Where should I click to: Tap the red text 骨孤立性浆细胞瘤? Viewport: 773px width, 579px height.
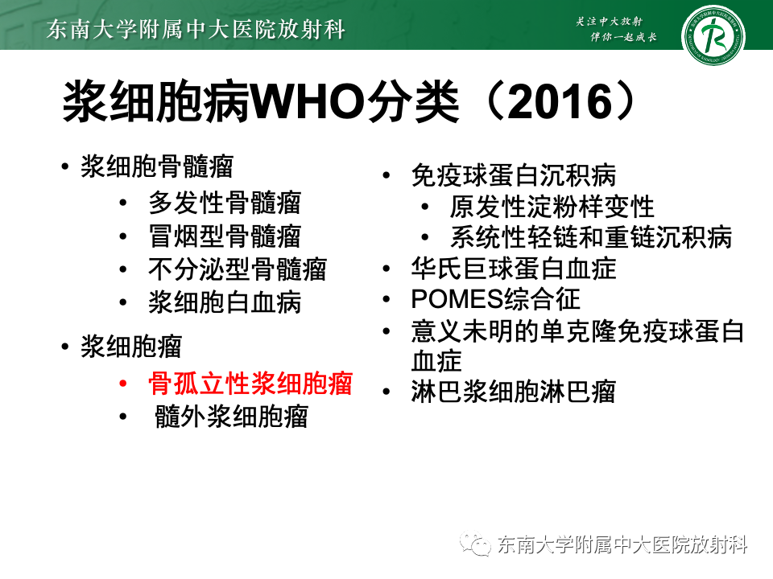pos(250,384)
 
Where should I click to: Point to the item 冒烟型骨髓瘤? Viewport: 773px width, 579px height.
pos(225,236)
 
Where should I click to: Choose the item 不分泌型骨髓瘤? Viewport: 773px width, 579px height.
pos(238,269)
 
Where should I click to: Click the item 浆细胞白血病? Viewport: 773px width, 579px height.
pos(225,302)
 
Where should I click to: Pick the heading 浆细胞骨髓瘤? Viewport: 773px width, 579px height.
pos(157,167)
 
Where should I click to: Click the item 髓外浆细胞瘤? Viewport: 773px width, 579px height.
pos(231,417)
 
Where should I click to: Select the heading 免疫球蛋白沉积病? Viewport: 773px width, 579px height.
pos(513,175)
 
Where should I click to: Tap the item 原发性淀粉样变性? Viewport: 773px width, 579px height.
pos(552,207)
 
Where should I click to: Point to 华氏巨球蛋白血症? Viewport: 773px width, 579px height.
pos(513,269)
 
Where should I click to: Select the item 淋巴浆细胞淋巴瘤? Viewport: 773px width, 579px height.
pos(513,392)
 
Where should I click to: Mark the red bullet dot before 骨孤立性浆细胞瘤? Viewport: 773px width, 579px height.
pos(122,384)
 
